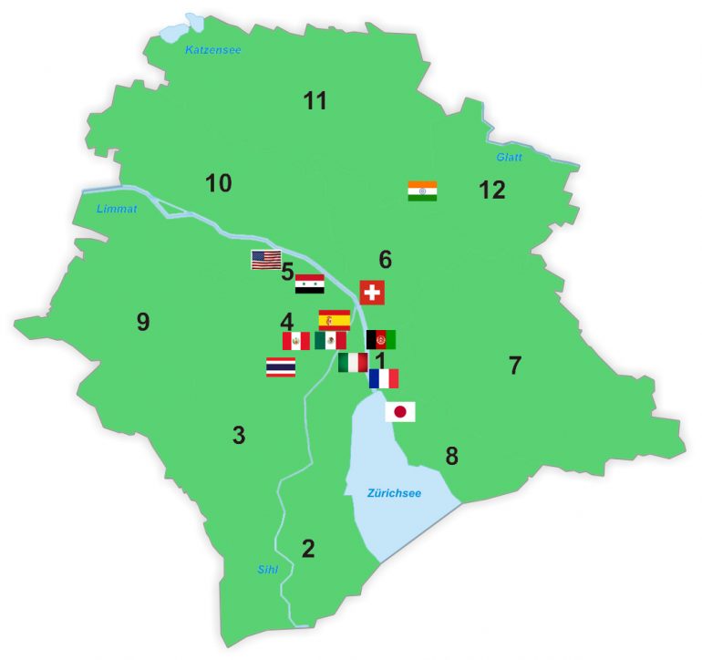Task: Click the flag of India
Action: point(422,191)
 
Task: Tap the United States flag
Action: point(266,260)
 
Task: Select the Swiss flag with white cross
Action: point(372,293)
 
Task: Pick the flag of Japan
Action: point(400,412)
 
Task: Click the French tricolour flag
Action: point(384,378)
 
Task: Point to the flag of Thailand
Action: point(280,367)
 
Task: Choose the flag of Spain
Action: point(334,319)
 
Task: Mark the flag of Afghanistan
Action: point(381,340)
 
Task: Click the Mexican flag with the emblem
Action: point(330,341)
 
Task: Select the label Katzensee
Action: point(213,50)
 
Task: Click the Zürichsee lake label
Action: point(394,493)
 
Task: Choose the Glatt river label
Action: point(509,158)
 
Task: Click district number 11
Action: point(315,101)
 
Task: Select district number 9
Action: point(142,322)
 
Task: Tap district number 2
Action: point(308,549)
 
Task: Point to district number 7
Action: point(515,366)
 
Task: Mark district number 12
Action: point(492,191)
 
